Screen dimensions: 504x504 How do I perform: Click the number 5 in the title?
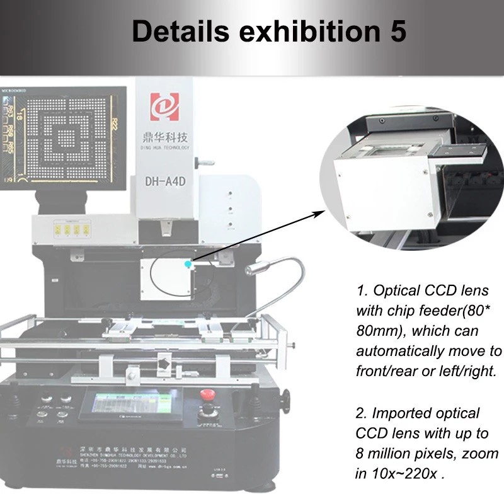tap(396, 31)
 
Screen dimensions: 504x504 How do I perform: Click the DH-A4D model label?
tap(164, 183)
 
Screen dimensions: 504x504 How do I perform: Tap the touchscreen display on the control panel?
tap(132, 403)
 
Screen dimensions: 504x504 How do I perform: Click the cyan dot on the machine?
tap(186, 265)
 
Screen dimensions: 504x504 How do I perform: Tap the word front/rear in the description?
tap(386, 371)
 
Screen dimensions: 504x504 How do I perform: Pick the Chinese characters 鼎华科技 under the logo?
tap(164, 136)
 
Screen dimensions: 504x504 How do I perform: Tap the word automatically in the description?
tap(396, 351)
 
